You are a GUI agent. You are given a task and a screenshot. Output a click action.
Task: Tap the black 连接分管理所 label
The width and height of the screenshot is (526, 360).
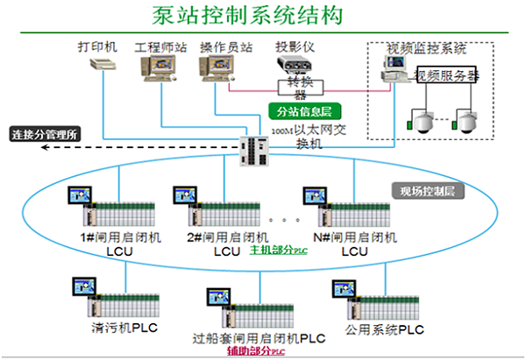point(44,135)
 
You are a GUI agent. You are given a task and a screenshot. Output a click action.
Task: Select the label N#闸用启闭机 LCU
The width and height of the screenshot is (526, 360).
point(354,244)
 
